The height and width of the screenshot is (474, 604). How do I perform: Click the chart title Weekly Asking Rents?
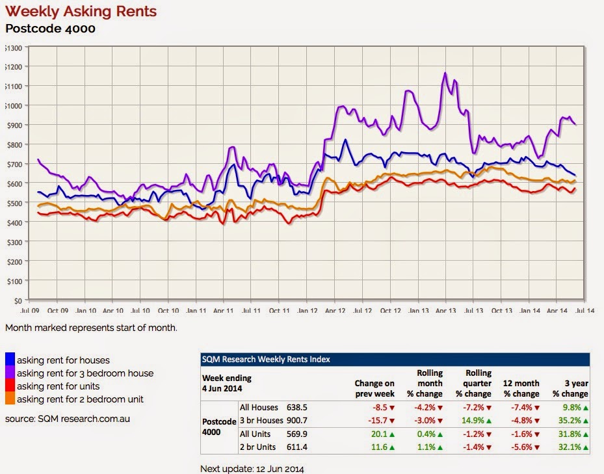click(81, 12)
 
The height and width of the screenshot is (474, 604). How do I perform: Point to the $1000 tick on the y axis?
click(14, 105)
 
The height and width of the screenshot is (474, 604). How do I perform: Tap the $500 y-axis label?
click(14, 203)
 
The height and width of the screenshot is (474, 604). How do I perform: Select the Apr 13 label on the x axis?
click(445, 311)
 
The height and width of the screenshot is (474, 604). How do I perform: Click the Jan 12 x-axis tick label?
click(307, 311)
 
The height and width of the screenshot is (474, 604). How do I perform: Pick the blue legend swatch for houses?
click(10, 360)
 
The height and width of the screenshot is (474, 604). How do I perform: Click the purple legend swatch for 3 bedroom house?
click(10, 373)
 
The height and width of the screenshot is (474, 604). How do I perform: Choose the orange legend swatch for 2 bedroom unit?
click(10, 399)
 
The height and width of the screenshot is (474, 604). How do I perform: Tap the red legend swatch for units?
click(10, 386)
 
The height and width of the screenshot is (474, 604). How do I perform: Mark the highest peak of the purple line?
click(445, 73)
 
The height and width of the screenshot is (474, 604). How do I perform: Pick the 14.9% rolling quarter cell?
click(474, 421)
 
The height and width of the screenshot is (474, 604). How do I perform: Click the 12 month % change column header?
click(521, 388)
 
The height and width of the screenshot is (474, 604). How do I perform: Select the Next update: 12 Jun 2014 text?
click(252, 467)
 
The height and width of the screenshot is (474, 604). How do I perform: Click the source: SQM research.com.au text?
click(68, 419)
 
